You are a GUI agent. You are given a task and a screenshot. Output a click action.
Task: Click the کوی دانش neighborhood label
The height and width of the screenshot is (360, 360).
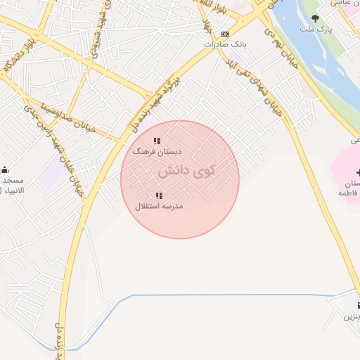coord(186,171)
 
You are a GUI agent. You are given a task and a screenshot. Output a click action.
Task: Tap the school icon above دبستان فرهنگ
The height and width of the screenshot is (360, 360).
coord(158,141)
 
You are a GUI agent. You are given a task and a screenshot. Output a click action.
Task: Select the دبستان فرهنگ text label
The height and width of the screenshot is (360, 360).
coord(158,151)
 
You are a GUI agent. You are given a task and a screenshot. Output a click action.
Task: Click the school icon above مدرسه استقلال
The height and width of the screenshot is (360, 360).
coord(160,195)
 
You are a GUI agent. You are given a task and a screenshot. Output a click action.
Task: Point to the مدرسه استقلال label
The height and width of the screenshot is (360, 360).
coord(160,206)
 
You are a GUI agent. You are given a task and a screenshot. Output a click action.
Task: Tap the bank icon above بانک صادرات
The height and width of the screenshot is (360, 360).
coord(225,34)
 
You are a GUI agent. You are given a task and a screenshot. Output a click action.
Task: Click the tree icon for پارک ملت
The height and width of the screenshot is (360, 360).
coord(315,18)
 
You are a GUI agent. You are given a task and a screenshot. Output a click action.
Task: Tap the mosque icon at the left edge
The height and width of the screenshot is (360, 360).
coord(5,169)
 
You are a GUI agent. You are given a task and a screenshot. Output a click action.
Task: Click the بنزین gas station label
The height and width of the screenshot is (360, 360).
coord(351,317)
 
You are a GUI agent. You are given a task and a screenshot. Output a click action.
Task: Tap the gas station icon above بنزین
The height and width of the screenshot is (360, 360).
coord(358,306)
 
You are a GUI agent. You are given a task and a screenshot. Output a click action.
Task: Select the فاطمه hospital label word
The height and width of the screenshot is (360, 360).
coord(349,192)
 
